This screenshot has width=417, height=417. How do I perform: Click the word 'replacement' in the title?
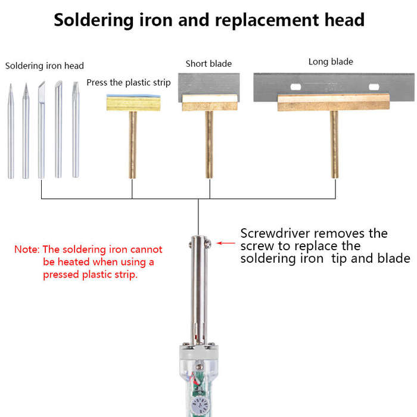(x=267, y=21)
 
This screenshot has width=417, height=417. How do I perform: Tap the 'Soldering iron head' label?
(x=45, y=66)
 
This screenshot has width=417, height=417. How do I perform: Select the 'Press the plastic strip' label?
(x=129, y=83)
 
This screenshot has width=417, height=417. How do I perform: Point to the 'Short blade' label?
(x=208, y=64)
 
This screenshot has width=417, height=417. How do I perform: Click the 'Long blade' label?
(x=331, y=62)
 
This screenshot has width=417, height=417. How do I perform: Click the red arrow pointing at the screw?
(x=226, y=243)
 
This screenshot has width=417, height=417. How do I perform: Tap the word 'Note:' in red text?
(x=27, y=250)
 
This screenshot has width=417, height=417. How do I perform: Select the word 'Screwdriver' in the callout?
(x=275, y=234)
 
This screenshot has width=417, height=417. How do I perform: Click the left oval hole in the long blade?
(x=295, y=87)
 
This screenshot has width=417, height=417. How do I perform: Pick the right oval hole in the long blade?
(x=374, y=87)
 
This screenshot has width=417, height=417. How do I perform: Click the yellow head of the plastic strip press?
(x=133, y=103)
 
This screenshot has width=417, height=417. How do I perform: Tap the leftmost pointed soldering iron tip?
(x=11, y=131)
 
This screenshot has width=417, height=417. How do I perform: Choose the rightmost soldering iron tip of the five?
(x=76, y=129)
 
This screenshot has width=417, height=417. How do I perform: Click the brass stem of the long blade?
(x=334, y=144)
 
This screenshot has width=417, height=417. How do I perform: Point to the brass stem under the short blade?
(x=209, y=144)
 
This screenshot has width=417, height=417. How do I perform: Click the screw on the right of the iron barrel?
(x=208, y=244)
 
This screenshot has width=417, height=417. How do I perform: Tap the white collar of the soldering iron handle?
(x=198, y=351)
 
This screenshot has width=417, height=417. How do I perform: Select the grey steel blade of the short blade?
(x=208, y=85)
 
